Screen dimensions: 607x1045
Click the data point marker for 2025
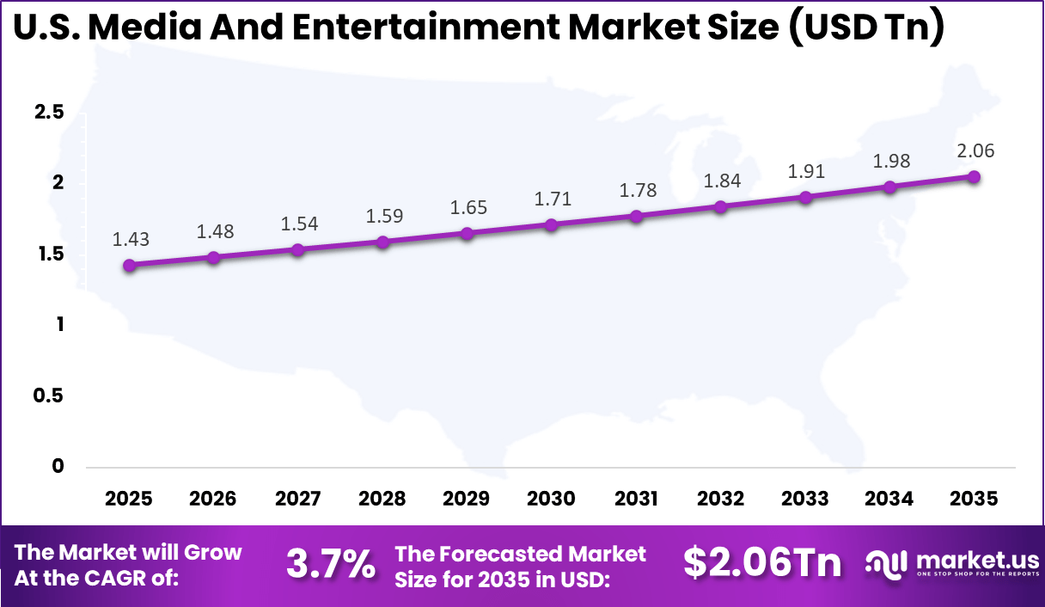[x=129, y=266]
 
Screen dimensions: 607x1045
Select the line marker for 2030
[x=551, y=225]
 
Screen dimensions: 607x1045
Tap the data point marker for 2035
[x=974, y=177]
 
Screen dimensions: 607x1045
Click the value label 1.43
[x=129, y=240]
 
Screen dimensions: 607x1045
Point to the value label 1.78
[x=636, y=190]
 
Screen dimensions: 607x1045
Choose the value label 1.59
[x=382, y=215]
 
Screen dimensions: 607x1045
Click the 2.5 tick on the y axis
[x=47, y=112]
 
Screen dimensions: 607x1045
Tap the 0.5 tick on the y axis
[x=47, y=395]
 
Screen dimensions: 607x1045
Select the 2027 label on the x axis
[x=298, y=500]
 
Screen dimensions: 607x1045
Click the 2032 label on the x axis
[x=720, y=500]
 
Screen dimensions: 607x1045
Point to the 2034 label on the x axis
[x=889, y=500]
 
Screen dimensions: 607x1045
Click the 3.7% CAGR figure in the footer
[x=330, y=565]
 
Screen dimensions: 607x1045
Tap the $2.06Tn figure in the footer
[x=762, y=563]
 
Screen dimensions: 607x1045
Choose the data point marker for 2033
[x=805, y=198]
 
